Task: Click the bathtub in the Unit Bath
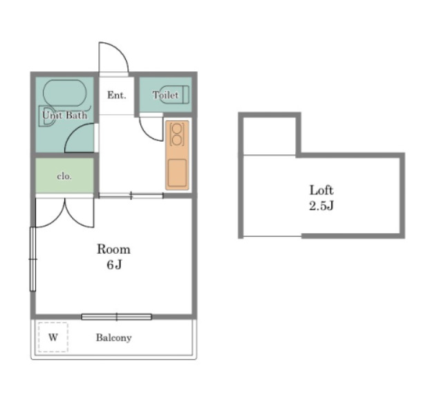[65, 93]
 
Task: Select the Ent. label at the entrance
[117, 95]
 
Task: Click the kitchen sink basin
[177, 173]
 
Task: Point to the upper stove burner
[177, 129]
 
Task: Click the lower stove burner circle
[177, 140]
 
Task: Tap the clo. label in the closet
[64, 176]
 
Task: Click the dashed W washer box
[53, 337]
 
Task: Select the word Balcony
[114, 338]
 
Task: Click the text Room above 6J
[113, 249]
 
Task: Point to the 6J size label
[114, 264]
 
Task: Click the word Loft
[321, 190]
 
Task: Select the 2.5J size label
[321, 205]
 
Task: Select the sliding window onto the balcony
[117, 317]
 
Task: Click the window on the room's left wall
[33, 259]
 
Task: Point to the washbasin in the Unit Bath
[46, 116]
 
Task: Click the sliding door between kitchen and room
[131, 195]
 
